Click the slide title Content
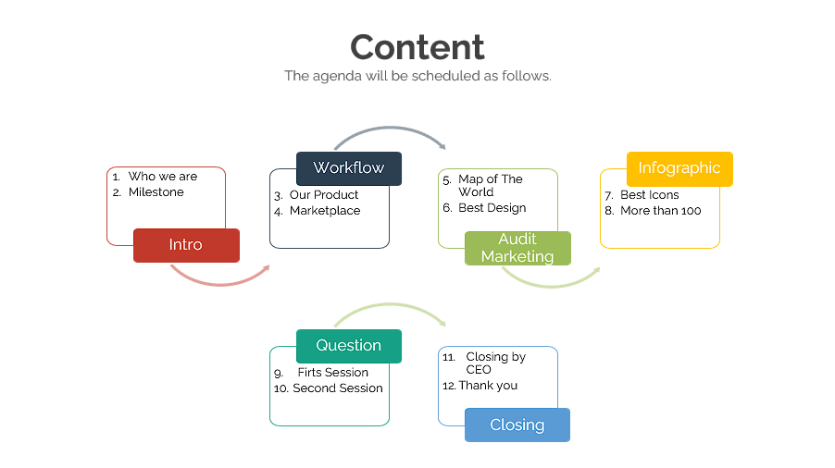pos(417,47)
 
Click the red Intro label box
pos(186,245)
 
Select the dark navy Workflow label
pos(348,168)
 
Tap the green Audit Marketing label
pos(517,248)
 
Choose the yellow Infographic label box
pos(679,168)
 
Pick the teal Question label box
pos(348,346)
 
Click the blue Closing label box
pos(517,425)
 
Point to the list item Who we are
pos(162,177)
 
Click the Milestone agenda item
pos(156,192)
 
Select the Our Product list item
pos(323,195)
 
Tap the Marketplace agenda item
pos(324,211)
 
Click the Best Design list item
pos(492,208)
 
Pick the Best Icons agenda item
pos(649,195)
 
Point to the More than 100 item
pos(660,211)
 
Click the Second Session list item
pos(337,388)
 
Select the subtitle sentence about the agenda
pos(417,76)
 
